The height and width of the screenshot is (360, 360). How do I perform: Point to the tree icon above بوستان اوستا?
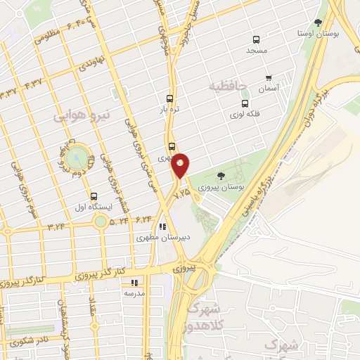pos(318,22)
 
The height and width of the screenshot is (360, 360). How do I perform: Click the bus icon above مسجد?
pos(255,40)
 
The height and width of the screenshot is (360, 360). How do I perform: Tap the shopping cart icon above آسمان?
pos(268,78)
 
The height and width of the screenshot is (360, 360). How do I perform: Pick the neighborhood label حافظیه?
pos(230,86)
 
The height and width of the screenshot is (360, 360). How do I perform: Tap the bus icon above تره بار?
pos(169,99)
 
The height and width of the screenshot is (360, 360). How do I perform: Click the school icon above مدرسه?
pos(133,283)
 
